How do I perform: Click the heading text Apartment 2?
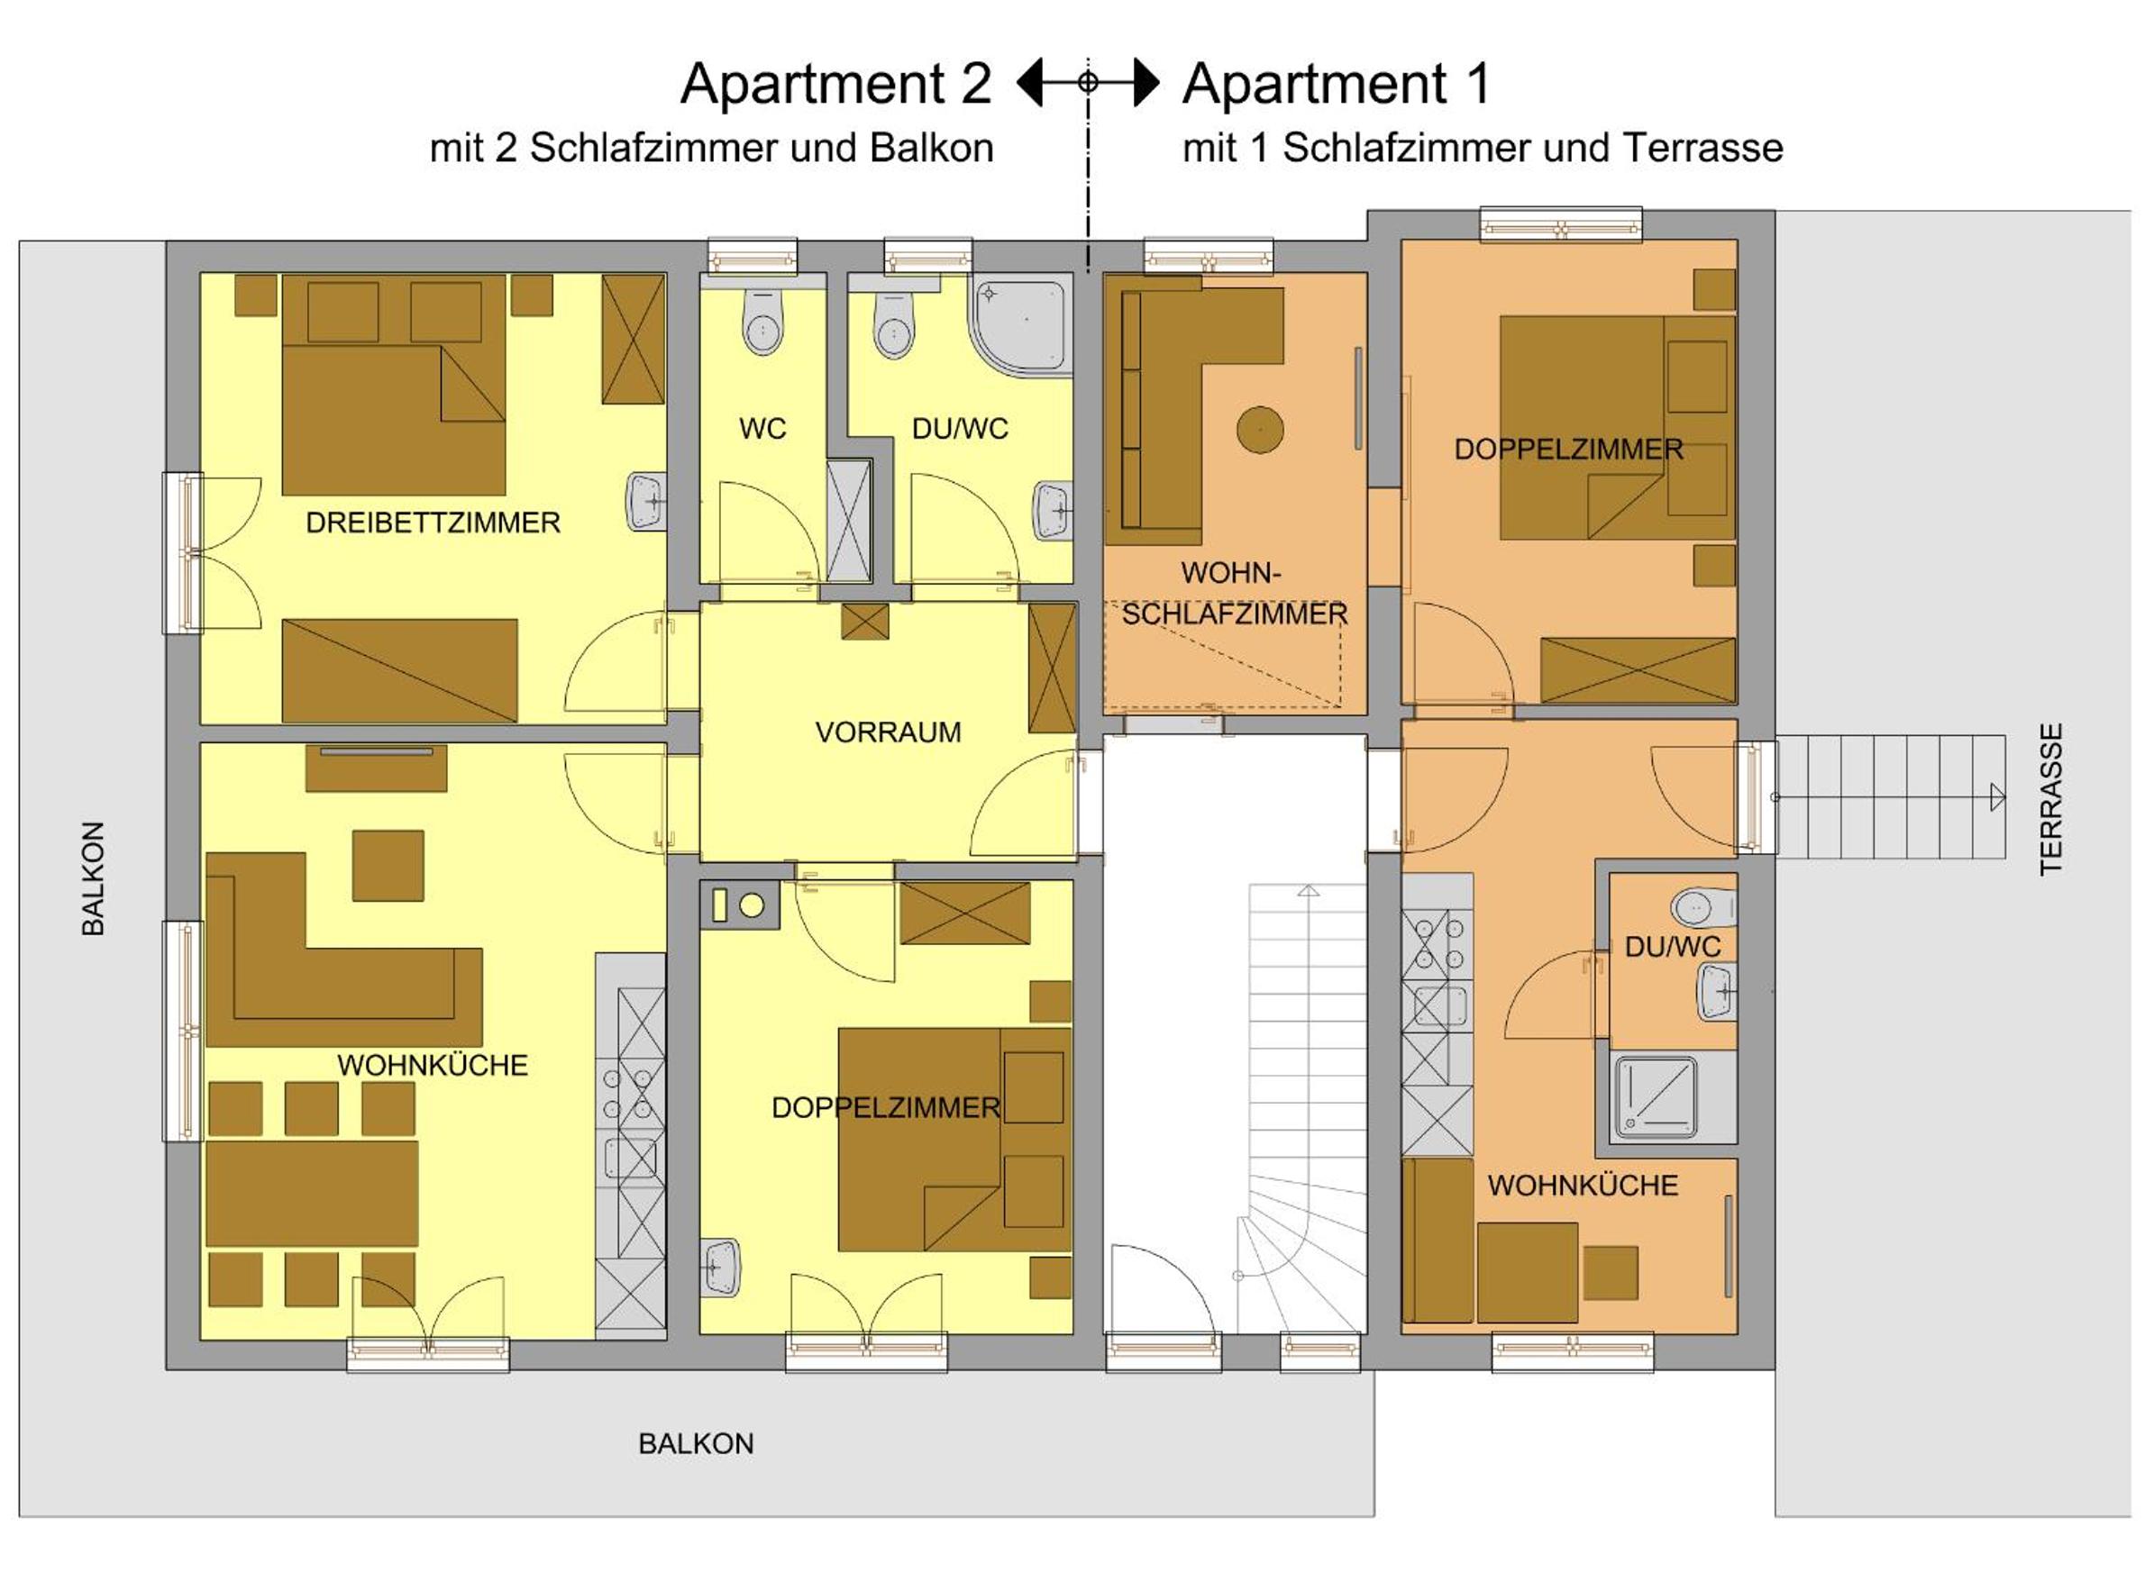(835, 83)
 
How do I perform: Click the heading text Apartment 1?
(1337, 83)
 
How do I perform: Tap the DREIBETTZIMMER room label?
(433, 523)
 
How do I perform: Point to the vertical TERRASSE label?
(2050, 798)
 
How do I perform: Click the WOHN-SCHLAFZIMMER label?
(1234, 594)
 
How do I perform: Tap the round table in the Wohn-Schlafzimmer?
(1260, 430)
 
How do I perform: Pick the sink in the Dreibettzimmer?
(647, 502)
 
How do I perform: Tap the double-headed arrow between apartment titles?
(1089, 82)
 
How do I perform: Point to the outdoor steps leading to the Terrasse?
(1891, 796)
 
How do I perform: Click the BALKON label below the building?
(696, 1443)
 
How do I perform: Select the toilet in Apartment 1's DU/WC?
(1705, 907)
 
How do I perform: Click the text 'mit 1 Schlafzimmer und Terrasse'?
(1483, 149)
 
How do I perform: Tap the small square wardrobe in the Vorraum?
(865, 622)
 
